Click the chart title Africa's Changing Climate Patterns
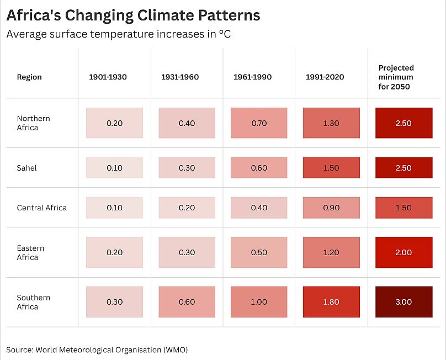pos(133,15)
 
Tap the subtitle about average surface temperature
pos(118,34)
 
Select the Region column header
pos(29,77)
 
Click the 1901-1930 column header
pos(108,77)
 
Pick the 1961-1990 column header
pos(252,77)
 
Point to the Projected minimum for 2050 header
pos(396,77)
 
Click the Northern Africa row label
pos(33,123)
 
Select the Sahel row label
pos(26,168)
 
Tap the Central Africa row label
pos(41,208)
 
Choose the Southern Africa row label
pos(33,302)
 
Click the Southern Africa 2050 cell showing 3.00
pos(403,302)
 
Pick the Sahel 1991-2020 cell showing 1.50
pos(331,168)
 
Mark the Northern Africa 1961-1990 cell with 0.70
pos(259,123)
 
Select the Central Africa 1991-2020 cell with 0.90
pos(331,208)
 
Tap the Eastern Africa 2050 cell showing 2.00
pos(403,253)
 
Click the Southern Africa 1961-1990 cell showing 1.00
pos(259,302)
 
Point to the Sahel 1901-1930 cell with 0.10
pos(114,168)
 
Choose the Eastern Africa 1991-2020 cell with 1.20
pos(331,253)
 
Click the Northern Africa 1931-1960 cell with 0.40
pos(187,123)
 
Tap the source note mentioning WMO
pos(101,350)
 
